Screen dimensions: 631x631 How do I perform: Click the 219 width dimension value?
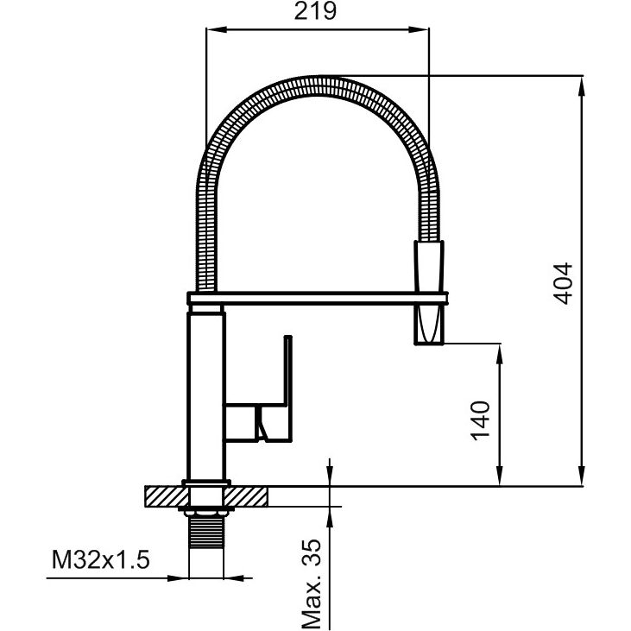point(316,11)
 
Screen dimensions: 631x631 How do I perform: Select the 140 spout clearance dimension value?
point(482,420)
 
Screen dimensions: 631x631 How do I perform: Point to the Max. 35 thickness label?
point(312,583)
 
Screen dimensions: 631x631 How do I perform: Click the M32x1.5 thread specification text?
point(101,559)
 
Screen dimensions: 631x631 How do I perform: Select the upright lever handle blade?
point(287,371)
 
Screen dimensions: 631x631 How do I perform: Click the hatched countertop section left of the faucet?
point(166,496)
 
